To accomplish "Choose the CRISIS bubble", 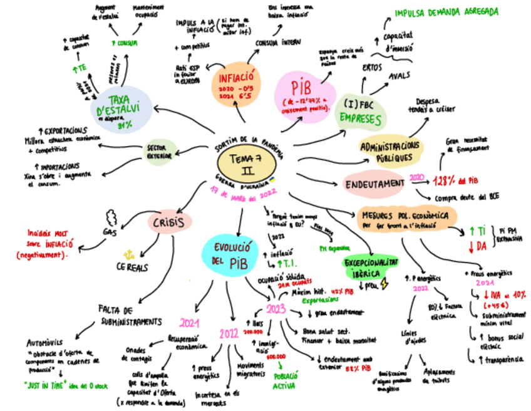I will [x=169, y=222].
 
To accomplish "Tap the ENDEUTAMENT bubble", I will [x=375, y=184].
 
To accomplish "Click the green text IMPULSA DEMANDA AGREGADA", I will [x=446, y=12].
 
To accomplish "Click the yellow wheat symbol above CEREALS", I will [x=130, y=254].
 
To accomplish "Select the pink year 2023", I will [x=276, y=308].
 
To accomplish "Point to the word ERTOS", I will [x=373, y=67].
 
